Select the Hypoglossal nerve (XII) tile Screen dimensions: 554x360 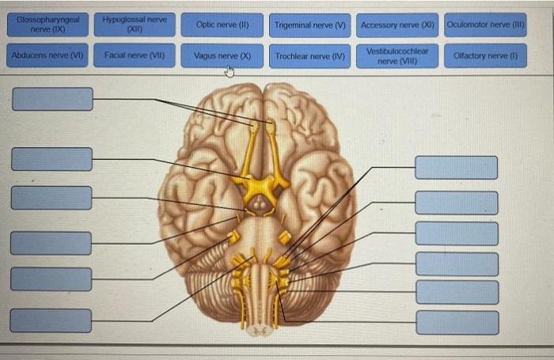tap(133, 25)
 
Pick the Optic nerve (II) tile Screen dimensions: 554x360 tap(222, 25)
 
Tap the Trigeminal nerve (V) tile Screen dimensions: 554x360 tap(310, 25)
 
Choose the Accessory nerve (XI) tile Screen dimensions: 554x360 tap(398, 25)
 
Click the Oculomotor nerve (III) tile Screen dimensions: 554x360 tap(485, 25)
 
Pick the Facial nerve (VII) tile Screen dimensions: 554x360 tap(133, 56)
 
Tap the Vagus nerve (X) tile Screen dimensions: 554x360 tap(222, 56)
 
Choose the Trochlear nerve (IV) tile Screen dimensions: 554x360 tap(310, 56)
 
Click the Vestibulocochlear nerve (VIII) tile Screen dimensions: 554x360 tap(398, 56)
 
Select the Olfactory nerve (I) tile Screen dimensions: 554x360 tap(485, 56)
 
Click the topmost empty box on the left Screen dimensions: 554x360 tap(52, 99)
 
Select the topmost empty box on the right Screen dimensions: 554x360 tap(457, 168)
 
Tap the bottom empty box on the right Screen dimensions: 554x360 tap(457, 323)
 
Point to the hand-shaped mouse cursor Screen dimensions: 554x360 tap(230, 73)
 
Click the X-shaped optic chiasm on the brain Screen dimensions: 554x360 tap(260, 188)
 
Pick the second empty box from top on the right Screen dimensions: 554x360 tap(457, 203)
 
